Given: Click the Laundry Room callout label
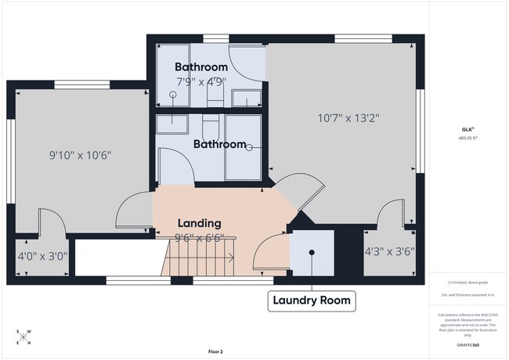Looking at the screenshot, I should pyautogui.click(x=312, y=300).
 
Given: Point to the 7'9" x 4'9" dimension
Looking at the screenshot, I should pyautogui.click(x=201, y=81).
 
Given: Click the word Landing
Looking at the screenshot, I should pyautogui.click(x=198, y=223).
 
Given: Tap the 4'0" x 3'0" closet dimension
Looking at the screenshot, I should pyautogui.click(x=42, y=255).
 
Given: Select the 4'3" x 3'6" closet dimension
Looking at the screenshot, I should pyautogui.click(x=389, y=252).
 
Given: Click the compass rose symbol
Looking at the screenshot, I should pyautogui.click(x=23, y=337).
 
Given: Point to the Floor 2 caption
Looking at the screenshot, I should pyautogui.click(x=215, y=351).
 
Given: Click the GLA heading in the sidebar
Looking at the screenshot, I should pyautogui.click(x=467, y=129).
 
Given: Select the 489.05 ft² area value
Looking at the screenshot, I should pyautogui.click(x=467, y=138).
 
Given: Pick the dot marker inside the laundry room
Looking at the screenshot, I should pyautogui.click(x=312, y=252).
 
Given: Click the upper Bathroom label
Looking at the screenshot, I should pyautogui.click(x=201, y=67).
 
